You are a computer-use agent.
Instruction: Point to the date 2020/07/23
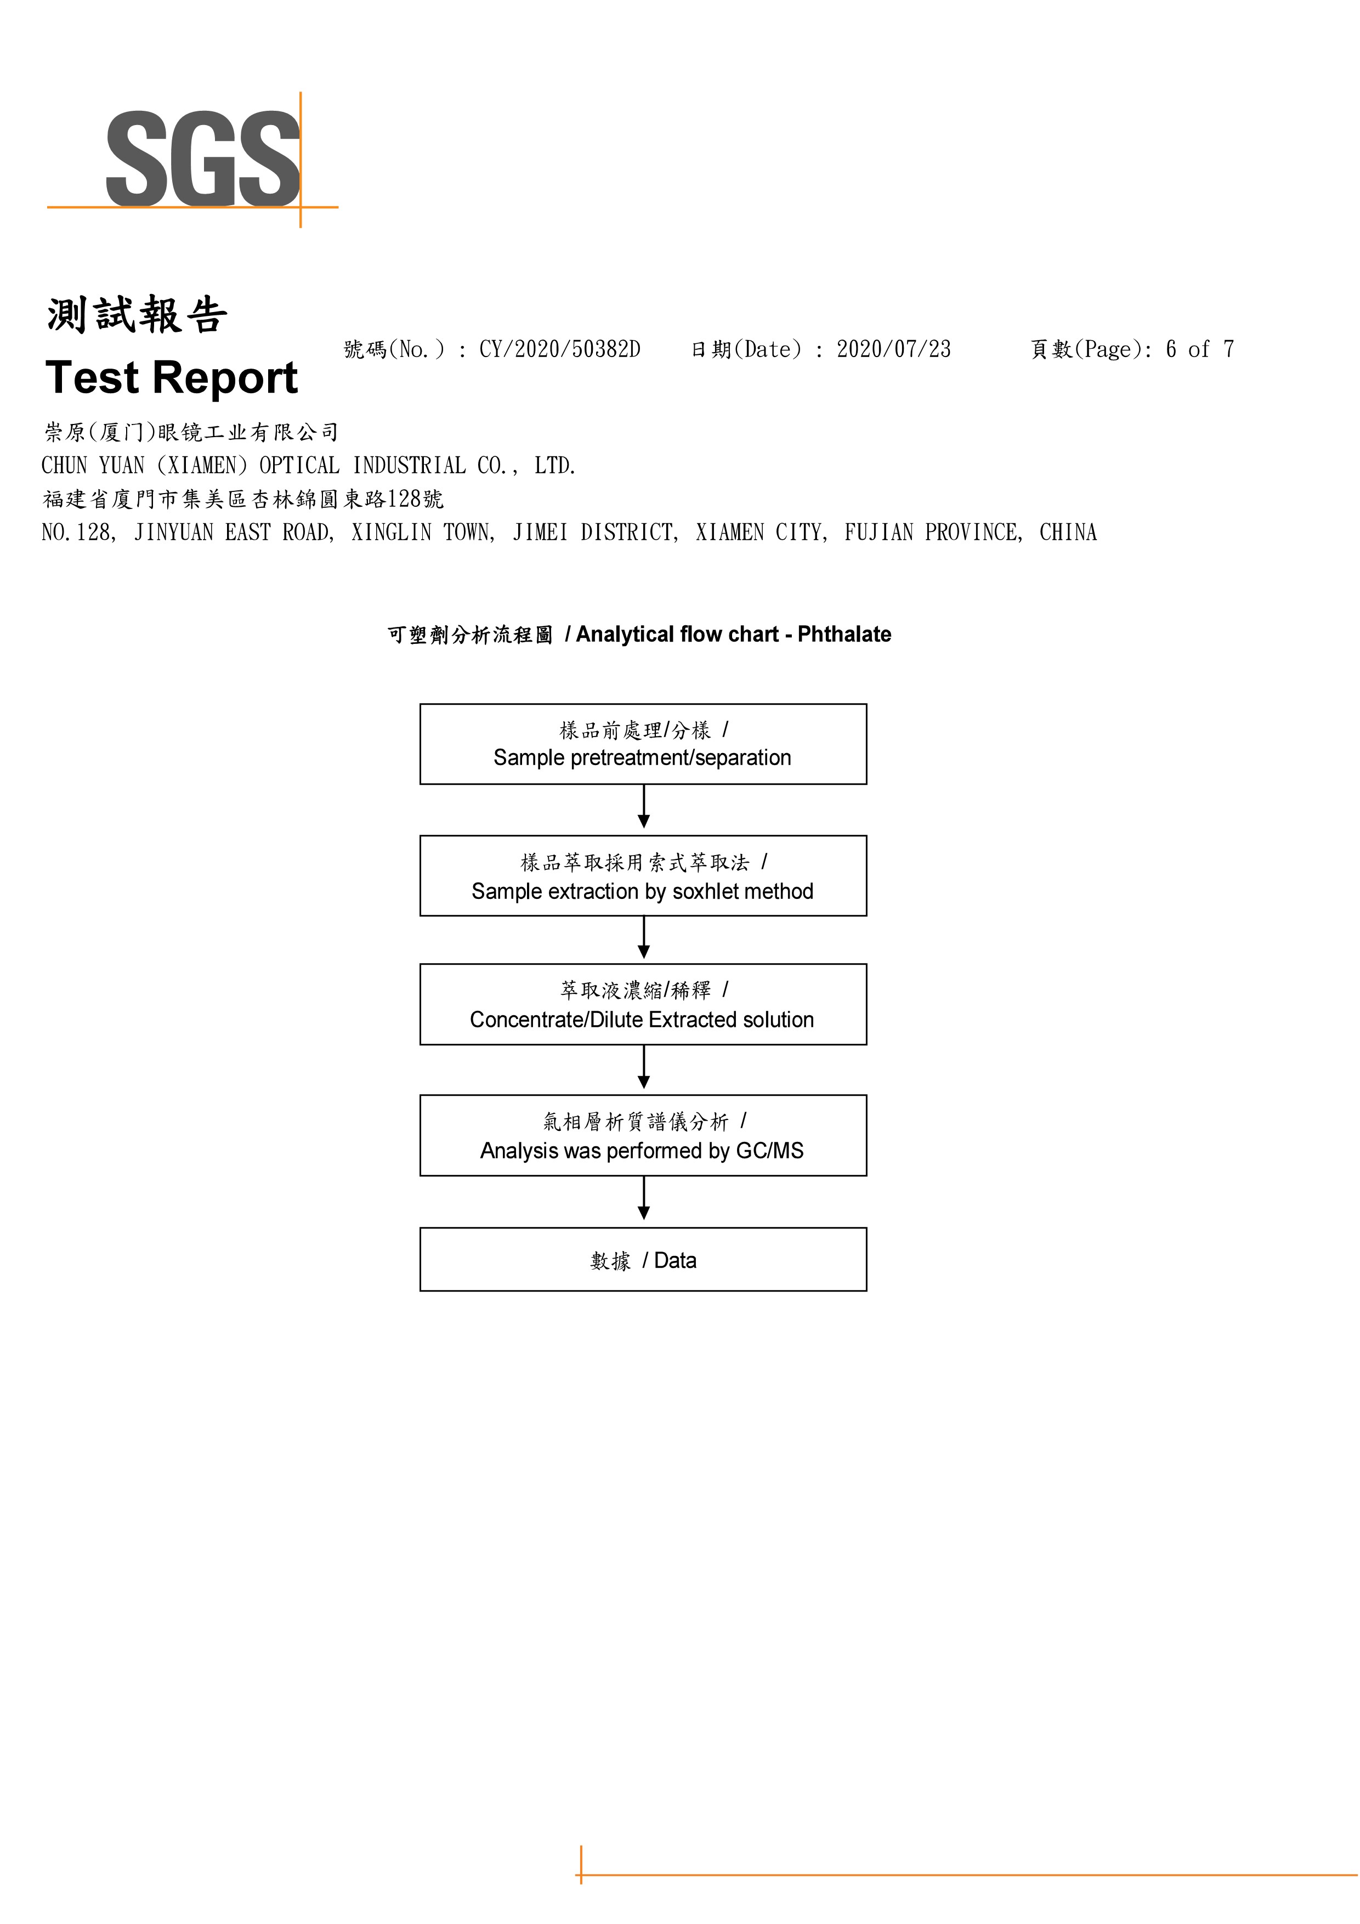[893, 349]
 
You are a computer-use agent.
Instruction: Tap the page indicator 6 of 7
[1200, 349]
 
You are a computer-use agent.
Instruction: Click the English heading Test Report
[172, 377]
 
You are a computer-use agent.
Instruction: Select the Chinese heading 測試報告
[137, 315]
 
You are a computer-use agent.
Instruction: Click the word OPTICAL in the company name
[299, 466]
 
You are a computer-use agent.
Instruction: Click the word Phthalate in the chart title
[844, 635]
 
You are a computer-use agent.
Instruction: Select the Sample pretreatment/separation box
[643, 744]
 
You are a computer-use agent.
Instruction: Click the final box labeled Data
[643, 1259]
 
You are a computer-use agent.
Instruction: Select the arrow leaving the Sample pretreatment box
[644, 806]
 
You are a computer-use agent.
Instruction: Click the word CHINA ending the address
[1068, 532]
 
